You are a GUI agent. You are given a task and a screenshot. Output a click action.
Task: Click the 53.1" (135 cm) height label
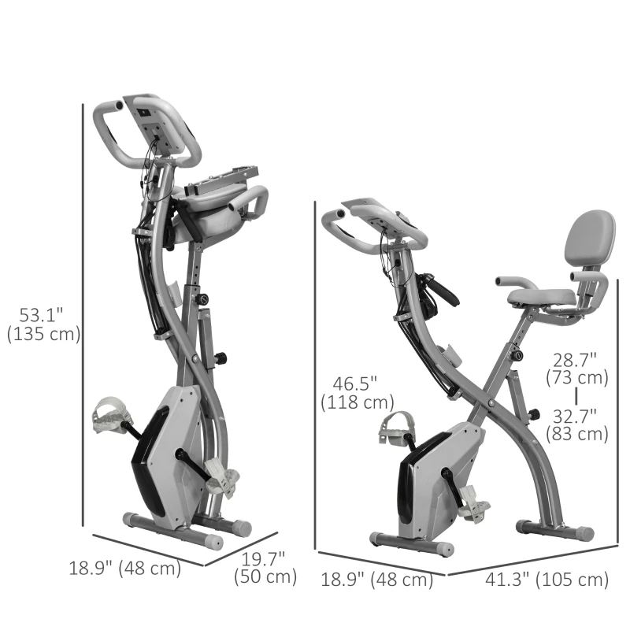coord(43,324)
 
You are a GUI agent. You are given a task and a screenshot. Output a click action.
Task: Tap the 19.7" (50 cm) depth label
coord(265,568)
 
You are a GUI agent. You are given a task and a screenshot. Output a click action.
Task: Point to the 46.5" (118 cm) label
coord(357,392)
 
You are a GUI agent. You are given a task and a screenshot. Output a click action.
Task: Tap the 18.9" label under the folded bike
coord(125,568)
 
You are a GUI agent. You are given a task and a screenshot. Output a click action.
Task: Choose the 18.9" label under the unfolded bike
coord(377,580)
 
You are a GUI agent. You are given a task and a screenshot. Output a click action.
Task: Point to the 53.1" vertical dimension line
coord(83,315)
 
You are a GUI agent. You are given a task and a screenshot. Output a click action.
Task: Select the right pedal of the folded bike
coord(222,481)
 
